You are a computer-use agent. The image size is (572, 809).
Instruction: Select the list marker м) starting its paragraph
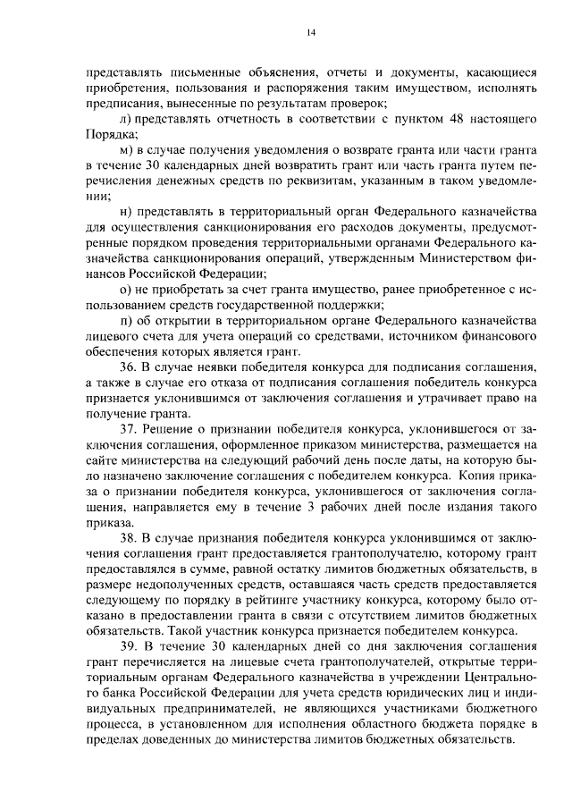click(125, 150)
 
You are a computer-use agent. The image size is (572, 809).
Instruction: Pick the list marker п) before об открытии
click(124, 320)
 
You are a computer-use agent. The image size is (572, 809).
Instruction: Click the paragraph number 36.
click(128, 367)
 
